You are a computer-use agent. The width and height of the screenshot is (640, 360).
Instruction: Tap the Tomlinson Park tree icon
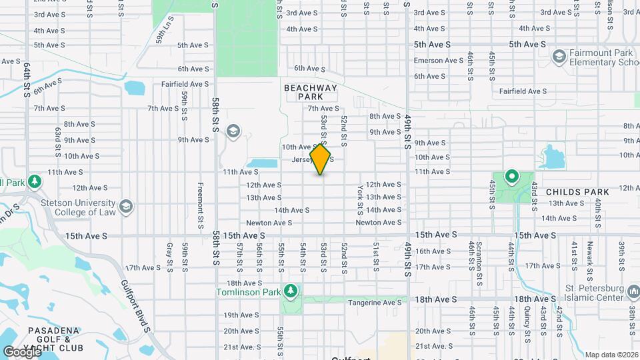click(x=290, y=291)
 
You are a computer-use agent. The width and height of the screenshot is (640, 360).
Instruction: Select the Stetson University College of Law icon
click(x=125, y=208)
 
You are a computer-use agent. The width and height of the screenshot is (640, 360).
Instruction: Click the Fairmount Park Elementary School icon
click(x=559, y=57)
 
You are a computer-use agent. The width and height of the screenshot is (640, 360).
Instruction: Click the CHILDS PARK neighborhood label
click(x=577, y=192)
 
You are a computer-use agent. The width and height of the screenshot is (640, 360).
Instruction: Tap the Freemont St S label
click(x=200, y=205)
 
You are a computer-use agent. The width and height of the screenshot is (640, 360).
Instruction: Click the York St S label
click(x=361, y=201)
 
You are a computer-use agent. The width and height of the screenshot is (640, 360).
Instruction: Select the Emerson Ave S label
click(x=438, y=61)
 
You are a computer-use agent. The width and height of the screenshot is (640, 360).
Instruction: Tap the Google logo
click(x=23, y=351)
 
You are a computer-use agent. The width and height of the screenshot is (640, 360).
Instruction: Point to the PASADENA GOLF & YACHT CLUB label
click(x=55, y=339)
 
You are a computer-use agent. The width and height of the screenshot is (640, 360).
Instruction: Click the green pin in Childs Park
click(x=512, y=177)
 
